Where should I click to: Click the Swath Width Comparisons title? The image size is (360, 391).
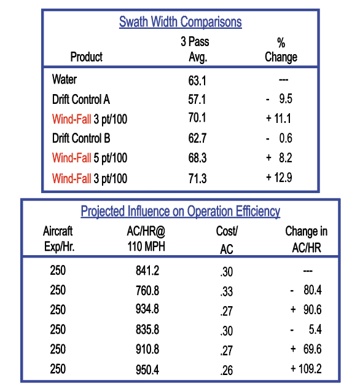click(180, 23)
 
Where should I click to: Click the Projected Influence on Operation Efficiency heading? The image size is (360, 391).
click(180, 211)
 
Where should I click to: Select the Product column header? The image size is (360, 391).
click(86, 57)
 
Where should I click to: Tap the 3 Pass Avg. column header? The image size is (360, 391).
click(197, 50)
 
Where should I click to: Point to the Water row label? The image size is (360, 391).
click(65, 79)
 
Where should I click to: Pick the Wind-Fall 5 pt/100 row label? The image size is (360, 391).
click(90, 158)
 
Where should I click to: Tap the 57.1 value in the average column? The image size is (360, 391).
click(197, 99)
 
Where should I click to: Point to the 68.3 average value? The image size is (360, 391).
click(197, 158)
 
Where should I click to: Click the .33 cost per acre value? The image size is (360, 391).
click(226, 291)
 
